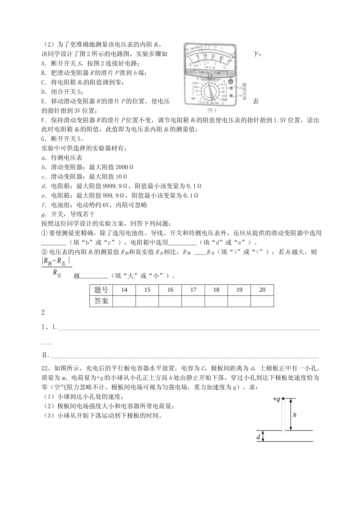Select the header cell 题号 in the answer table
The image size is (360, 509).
coord(101,290)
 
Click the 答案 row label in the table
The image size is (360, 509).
coord(101,301)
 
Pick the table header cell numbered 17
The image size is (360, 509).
coord(193,290)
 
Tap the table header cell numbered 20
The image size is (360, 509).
coord(262,290)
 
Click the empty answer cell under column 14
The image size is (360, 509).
coord(124,301)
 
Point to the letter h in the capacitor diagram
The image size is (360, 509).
coord(295,415)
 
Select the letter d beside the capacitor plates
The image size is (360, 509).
coord(258,437)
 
